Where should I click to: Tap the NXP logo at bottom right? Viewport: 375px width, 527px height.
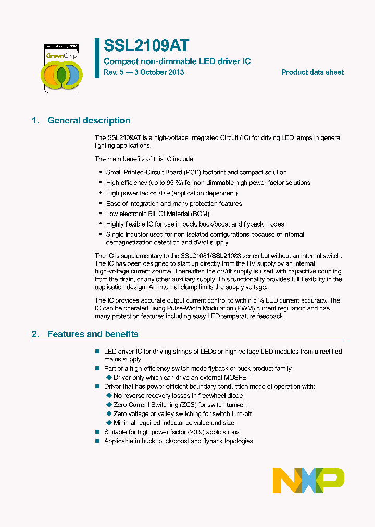point(308,480)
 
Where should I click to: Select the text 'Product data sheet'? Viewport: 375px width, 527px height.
point(312,72)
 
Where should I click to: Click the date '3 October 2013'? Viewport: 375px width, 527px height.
point(159,72)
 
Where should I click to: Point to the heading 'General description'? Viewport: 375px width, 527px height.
point(89,121)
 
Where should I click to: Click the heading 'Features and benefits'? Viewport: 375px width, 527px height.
point(93,334)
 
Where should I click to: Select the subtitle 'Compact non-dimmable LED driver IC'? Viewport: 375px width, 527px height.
point(177,61)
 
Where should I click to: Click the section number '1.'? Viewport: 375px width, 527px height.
point(35,121)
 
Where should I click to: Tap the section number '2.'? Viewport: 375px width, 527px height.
point(35,334)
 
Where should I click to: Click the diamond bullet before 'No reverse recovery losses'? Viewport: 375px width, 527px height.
point(109,396)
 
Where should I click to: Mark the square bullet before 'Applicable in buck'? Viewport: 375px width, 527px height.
point(97,441)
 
